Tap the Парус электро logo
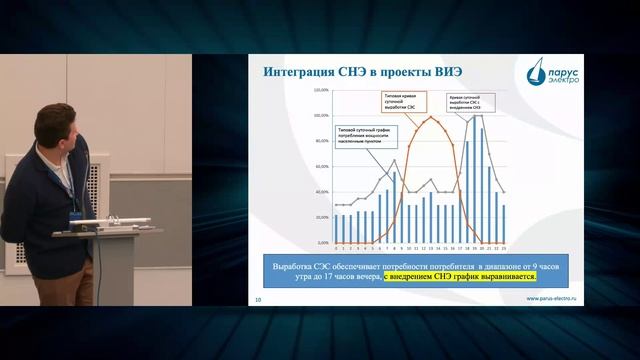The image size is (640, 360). [548, 71]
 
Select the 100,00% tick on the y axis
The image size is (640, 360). [323, 115]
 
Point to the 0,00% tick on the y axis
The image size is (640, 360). [323, 243]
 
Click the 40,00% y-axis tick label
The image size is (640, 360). [323, 192]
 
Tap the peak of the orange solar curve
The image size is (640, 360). [433, 117]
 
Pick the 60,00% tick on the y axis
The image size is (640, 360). [323, 166]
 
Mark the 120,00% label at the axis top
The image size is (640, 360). [323, 89]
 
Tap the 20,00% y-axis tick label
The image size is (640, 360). [323, 217]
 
